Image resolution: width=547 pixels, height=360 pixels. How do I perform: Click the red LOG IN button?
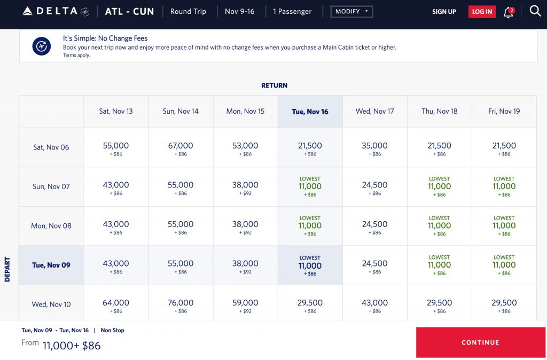pos(482,12)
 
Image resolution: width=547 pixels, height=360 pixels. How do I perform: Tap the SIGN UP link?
pos(444,12)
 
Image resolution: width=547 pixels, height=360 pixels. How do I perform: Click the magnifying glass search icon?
pos(535,11)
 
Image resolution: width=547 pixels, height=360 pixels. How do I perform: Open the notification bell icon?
pos(508,12)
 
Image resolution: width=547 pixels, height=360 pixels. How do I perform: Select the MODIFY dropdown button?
pos(351,11)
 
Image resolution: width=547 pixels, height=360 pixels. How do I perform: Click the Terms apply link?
pos(76,55)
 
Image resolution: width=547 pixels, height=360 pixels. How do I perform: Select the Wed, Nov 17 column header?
pos(374,112)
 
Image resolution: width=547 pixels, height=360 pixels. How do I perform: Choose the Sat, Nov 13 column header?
pos(116,112)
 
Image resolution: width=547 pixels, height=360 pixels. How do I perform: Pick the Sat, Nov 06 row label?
pos(51,147)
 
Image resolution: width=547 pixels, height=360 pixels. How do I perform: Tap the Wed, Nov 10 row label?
pos(51,304)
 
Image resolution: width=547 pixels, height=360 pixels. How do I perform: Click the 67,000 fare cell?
pos(181,147)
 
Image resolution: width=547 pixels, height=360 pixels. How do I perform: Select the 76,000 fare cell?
pos(181,304)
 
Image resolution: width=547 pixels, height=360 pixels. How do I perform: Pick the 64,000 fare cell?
pos(116,304)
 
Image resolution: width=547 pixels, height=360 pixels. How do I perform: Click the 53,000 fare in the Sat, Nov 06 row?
pos(245,147)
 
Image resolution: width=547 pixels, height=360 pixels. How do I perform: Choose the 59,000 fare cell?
pos(245,304)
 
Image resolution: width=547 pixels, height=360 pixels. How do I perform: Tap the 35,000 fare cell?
pos(374,147)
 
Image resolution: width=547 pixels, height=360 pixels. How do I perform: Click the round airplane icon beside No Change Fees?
pos(41,46)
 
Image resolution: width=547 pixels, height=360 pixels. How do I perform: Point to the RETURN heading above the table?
pos(274,85)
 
